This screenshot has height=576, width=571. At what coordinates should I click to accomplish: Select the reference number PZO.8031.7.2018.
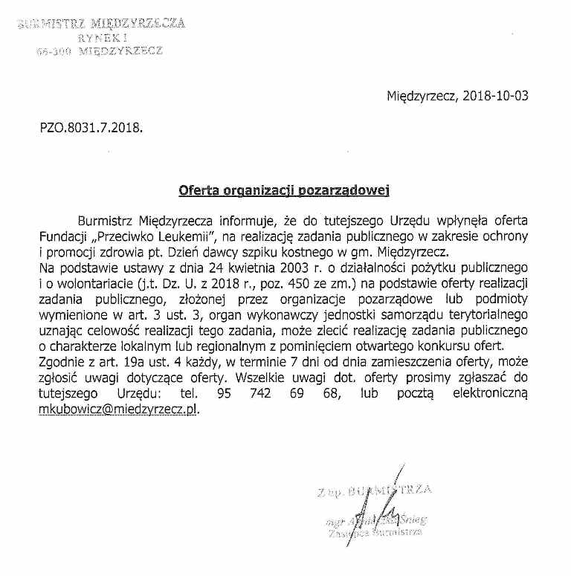[x=91, y=127]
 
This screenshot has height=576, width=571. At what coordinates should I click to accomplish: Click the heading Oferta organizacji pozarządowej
[x=285, y=190]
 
